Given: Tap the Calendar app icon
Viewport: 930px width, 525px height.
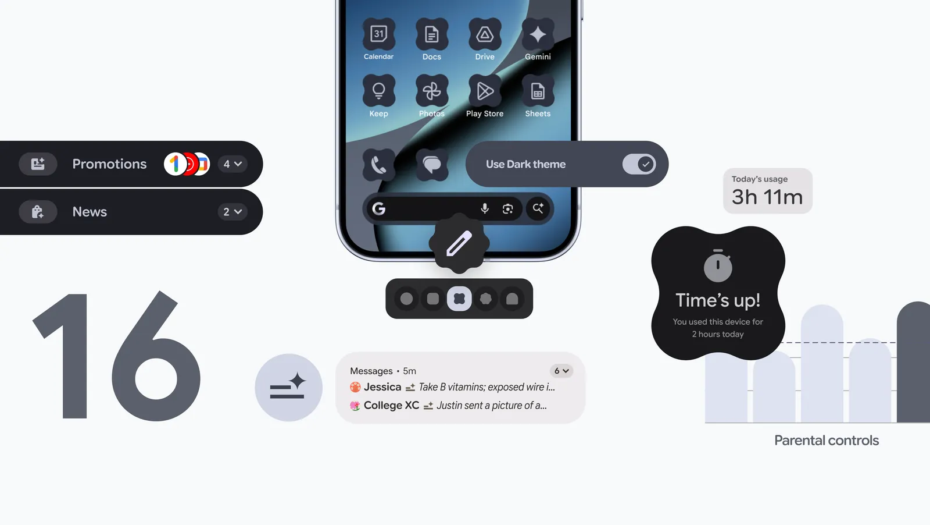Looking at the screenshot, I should coord(378,34).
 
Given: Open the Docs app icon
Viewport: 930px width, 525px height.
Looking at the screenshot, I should coord(432,34).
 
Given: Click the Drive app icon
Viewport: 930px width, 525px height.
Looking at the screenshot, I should coord(485,34).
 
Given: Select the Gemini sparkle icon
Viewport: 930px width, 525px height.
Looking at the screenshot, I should coord(538,34).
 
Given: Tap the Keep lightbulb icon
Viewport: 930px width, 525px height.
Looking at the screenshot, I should coord(378,91).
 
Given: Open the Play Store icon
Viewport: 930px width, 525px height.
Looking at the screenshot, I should coord(485,91).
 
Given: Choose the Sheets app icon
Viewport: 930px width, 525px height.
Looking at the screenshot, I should coord(538,91).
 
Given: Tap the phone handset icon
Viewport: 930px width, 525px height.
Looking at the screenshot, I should coord(378,165).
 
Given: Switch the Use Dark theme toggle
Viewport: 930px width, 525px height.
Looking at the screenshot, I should coord(639,164).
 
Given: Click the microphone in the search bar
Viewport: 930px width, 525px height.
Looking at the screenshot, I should coord(485,208).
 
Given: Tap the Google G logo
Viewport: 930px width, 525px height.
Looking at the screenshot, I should coord(379,208).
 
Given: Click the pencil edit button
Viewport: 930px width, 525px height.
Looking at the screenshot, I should coord(459,243).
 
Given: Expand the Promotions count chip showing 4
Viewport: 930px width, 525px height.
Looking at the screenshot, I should coord(233,164).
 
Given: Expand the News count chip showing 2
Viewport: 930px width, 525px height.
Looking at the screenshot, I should coord(233,212).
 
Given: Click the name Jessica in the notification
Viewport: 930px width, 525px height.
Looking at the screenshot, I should coord(382,387).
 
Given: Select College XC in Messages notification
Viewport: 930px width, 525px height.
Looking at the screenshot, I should coord(391,405).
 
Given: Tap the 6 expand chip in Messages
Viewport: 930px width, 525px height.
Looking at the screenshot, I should coord(561,371).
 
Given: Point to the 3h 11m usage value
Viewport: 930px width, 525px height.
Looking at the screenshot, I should coord(767,197).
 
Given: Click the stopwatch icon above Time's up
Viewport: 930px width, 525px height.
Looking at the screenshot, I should coord(718,266).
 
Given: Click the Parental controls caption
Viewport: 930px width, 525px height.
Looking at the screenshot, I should coord(826,441).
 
